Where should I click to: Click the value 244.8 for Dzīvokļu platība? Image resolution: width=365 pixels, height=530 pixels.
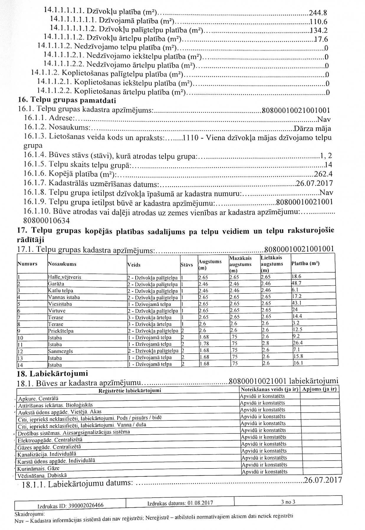point(318,13)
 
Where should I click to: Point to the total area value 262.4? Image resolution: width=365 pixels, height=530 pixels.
point(323,174)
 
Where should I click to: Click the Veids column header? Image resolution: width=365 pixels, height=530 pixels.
point(134,265)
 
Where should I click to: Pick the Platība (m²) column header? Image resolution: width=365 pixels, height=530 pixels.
point(305,263)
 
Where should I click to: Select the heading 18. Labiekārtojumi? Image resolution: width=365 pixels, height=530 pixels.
point(53,374)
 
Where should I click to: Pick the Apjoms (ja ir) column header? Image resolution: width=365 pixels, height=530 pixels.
point(319,389)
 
